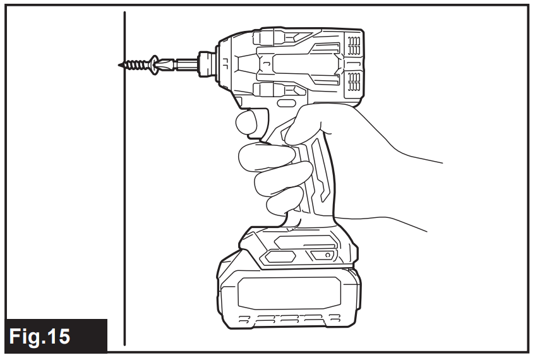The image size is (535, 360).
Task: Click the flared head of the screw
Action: click(153, 63)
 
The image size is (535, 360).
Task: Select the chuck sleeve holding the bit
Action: click(207, 63)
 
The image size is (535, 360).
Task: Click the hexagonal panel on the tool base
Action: click(278, 256)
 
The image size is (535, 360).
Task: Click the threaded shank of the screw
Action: click(135, 64)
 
